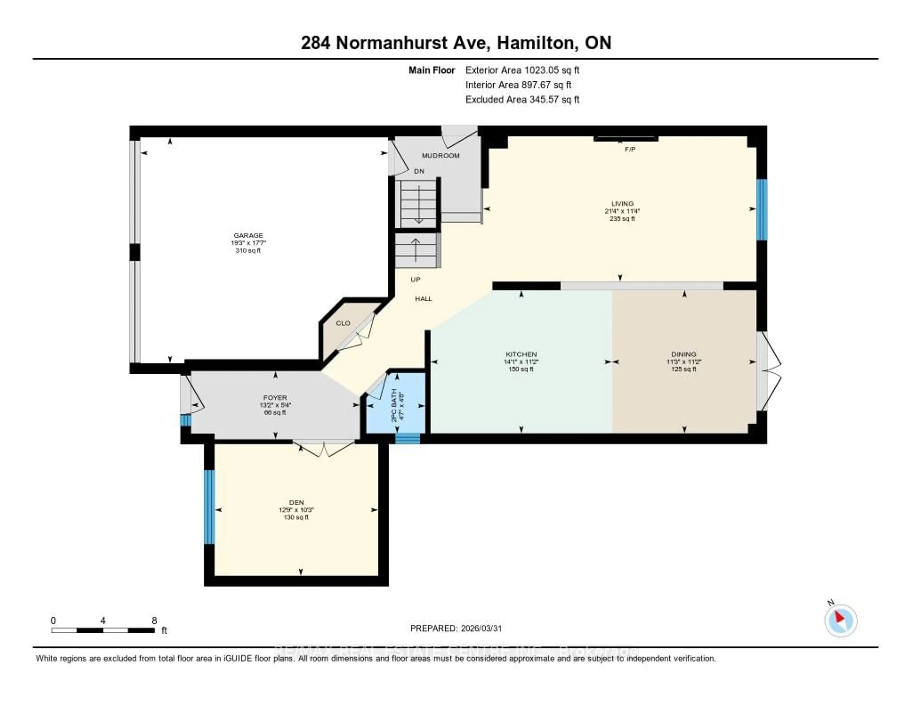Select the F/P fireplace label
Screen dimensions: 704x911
pos(630,149)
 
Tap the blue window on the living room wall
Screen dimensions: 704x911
pos(762,210)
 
